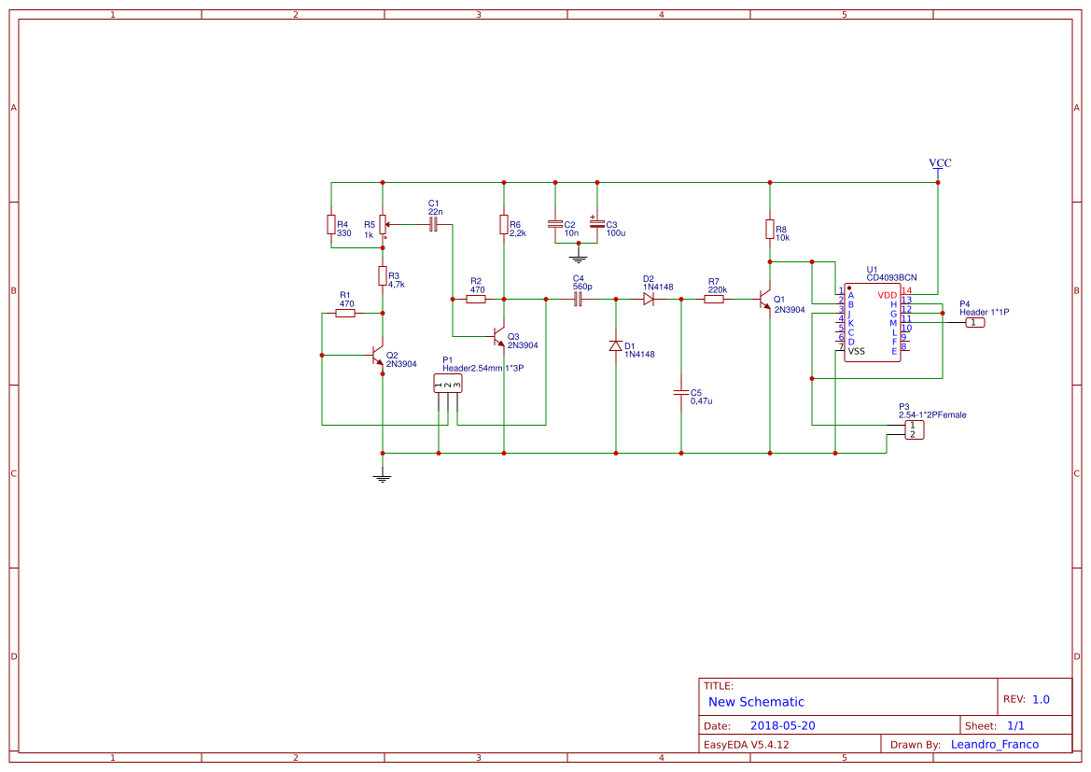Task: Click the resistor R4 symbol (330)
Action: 330,224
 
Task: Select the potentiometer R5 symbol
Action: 383,224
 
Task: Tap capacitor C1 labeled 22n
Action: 433,225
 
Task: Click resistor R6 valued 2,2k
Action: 504,224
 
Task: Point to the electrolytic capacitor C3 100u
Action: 597,224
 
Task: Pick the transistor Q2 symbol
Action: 379,356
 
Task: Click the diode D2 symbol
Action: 649,300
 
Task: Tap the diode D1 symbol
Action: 615,346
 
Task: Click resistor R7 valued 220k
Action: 714,300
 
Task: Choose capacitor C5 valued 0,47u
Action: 681,393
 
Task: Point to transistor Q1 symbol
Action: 765,301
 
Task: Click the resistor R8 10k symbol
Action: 769,229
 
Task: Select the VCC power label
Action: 940,163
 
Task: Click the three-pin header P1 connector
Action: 448,384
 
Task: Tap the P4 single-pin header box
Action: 973,322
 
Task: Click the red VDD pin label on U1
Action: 887,295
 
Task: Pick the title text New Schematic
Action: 756,702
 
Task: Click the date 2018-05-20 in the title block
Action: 782,725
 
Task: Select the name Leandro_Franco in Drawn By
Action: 994,744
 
